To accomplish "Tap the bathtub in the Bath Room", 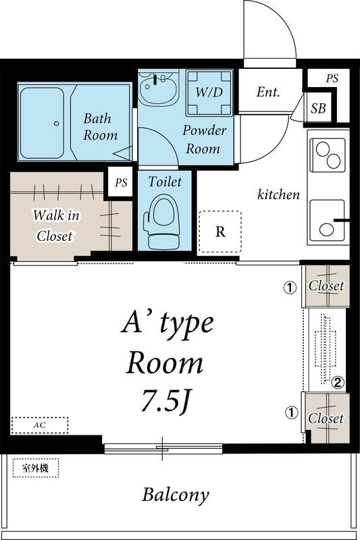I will [45, 122].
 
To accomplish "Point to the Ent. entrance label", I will [267, 92].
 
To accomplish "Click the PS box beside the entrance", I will [332, 79].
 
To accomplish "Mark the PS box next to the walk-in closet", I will [120, 182].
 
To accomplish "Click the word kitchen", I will [278, 194].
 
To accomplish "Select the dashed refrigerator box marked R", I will [220, 232].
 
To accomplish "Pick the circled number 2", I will [338, 383].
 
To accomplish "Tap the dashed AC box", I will [40, 425].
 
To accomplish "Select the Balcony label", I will [175, 495].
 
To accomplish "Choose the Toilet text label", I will [165, 181].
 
